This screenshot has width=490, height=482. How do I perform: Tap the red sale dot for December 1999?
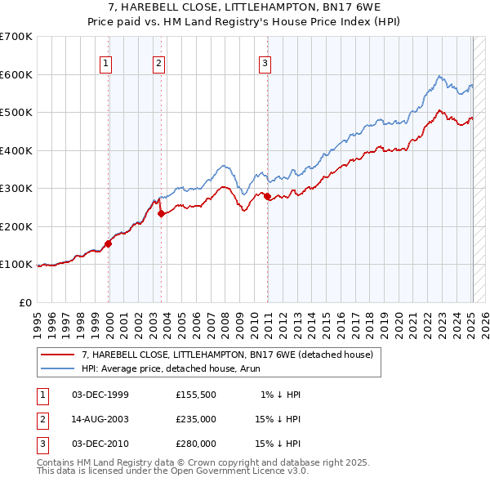pyautogui.click(x=108, y=243)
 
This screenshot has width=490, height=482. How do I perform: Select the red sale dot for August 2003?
pyautogui.click(x=161, y=214)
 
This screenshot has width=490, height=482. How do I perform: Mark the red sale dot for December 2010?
pyautogui.click(x=267, y=197)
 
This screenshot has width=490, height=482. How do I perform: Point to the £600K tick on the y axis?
pyautogui.click(x=17, y=74)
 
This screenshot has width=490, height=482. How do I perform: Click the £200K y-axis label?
pyautogui.click(x=17, y=226)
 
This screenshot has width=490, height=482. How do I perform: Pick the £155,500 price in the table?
pyautogui.click(x=196, y=395)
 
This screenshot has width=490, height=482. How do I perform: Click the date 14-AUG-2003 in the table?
pyautogui.click(x=100, y=419)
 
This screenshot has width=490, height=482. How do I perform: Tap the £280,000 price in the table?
pyautogui.click(x=196, y=444)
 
